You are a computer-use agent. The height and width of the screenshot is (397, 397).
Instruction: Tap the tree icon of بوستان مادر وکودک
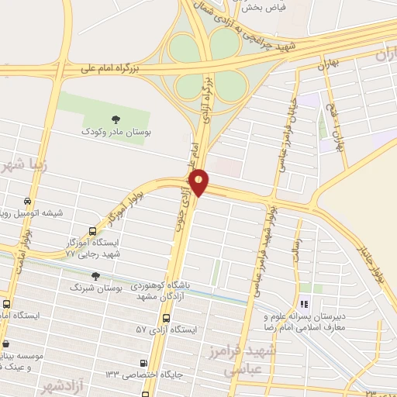116,119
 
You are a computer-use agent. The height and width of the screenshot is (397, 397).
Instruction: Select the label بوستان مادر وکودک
116,133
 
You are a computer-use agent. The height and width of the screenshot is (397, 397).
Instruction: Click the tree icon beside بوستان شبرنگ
95,276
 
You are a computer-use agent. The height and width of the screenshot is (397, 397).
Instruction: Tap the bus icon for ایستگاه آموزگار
93,231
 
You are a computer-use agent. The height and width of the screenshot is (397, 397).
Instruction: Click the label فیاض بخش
264,8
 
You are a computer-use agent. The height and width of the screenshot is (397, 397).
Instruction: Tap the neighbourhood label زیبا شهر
23,167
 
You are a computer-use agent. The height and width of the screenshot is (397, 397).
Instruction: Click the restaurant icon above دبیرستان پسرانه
304,305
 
